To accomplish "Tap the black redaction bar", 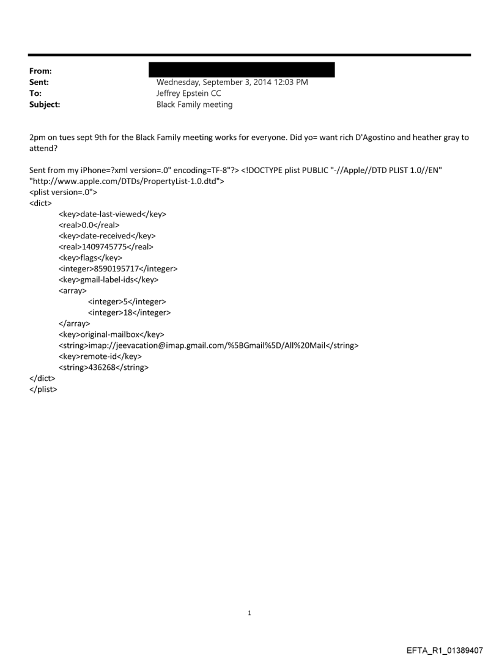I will tap(245, 69).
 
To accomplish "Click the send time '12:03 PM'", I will tap(292, 83).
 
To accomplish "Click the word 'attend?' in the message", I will tap(42, 149).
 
